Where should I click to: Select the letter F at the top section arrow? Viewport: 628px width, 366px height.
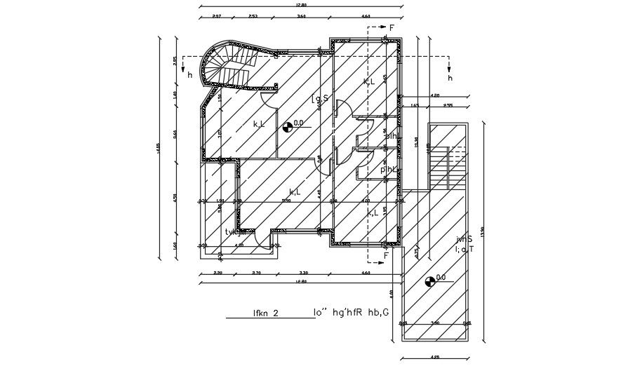[392, 27]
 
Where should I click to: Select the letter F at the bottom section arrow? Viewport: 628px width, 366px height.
[386, 256]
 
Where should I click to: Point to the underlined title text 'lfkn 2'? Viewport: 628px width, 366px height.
[267, 313]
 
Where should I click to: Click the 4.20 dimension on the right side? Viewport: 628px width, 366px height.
[434, 95]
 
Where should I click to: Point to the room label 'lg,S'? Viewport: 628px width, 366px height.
[320, 100]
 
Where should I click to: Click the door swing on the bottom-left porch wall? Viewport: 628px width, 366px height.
[262, 239]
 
